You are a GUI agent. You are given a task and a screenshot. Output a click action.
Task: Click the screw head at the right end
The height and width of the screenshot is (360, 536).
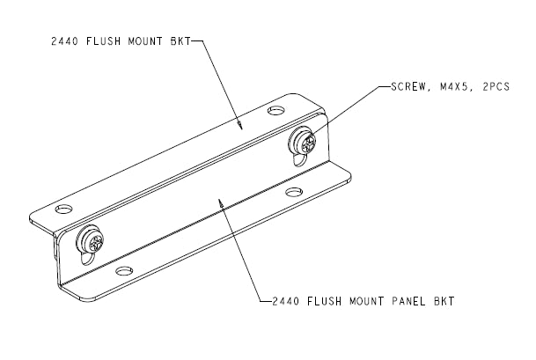tap(304, 139)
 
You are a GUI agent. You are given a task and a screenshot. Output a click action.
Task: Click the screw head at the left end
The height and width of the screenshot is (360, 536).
tap(90, 239)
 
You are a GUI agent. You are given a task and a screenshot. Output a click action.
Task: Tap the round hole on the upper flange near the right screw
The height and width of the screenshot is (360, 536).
tap(276, 112)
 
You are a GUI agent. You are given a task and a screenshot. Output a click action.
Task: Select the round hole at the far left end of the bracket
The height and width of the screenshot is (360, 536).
tap(62, 210)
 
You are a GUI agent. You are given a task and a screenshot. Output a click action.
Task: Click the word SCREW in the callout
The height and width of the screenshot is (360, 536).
tap(399, 86)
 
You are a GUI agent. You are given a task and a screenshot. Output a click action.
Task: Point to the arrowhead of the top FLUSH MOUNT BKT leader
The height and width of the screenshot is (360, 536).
tap(239, 125)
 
